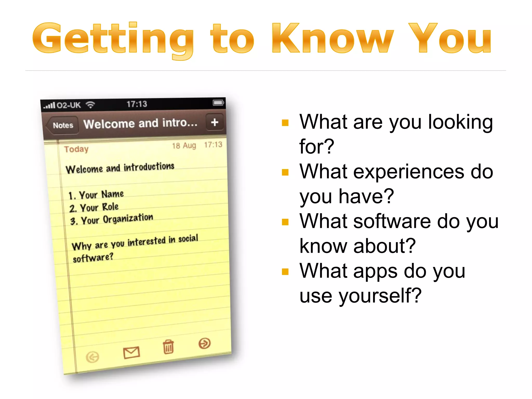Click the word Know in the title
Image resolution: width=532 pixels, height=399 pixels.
(332, 38)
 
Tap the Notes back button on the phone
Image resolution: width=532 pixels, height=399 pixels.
(63, 125)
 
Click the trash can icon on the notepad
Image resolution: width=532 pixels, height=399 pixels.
(168, 347)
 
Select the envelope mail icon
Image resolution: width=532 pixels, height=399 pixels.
(131, 353)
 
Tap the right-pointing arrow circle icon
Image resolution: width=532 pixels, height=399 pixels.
(205, 343)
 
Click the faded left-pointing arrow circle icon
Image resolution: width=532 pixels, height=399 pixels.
(92, 357)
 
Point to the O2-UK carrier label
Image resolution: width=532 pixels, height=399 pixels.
(69, 105)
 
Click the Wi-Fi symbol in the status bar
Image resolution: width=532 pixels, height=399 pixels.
(90, 105)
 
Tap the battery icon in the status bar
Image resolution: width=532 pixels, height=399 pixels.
(218, 103)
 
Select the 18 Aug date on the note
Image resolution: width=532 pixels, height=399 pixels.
(184, 145)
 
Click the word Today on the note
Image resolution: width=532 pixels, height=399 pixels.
(76, 149)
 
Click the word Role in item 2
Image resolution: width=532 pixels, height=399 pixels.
(110, 207)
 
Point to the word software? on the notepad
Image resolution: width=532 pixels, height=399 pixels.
(93, 258)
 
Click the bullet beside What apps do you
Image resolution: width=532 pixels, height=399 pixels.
(285, 272)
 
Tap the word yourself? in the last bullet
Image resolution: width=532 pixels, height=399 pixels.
(380, 296)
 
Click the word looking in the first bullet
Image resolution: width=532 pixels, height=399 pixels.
(460, 122)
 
